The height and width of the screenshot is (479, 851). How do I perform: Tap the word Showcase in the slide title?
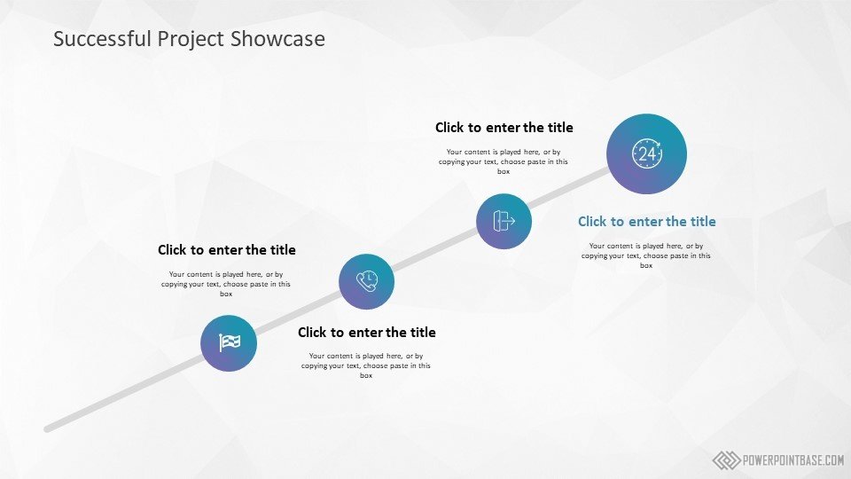277,38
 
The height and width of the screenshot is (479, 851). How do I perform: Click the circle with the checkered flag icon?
229,343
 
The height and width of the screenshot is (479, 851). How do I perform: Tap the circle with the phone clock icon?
366,281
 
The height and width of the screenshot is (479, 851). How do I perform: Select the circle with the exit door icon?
504,221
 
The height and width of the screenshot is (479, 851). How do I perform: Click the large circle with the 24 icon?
646,153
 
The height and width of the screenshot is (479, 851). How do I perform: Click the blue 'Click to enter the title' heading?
646,222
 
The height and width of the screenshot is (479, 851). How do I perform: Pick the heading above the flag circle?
226,250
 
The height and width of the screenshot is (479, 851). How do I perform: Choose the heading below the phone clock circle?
366,333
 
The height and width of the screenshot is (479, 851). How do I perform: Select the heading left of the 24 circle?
504,128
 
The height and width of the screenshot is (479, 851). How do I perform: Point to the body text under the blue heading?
646,255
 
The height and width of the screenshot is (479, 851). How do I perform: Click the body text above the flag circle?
226,284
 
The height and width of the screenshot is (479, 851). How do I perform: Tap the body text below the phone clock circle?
366,365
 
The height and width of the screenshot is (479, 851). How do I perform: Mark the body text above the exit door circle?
504,161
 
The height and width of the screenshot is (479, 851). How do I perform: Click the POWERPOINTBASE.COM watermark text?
792,460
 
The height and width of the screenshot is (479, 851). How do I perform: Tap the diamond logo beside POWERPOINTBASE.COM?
726,460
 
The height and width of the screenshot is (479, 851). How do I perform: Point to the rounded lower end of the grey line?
47,429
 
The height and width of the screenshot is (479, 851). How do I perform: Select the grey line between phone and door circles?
435,251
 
